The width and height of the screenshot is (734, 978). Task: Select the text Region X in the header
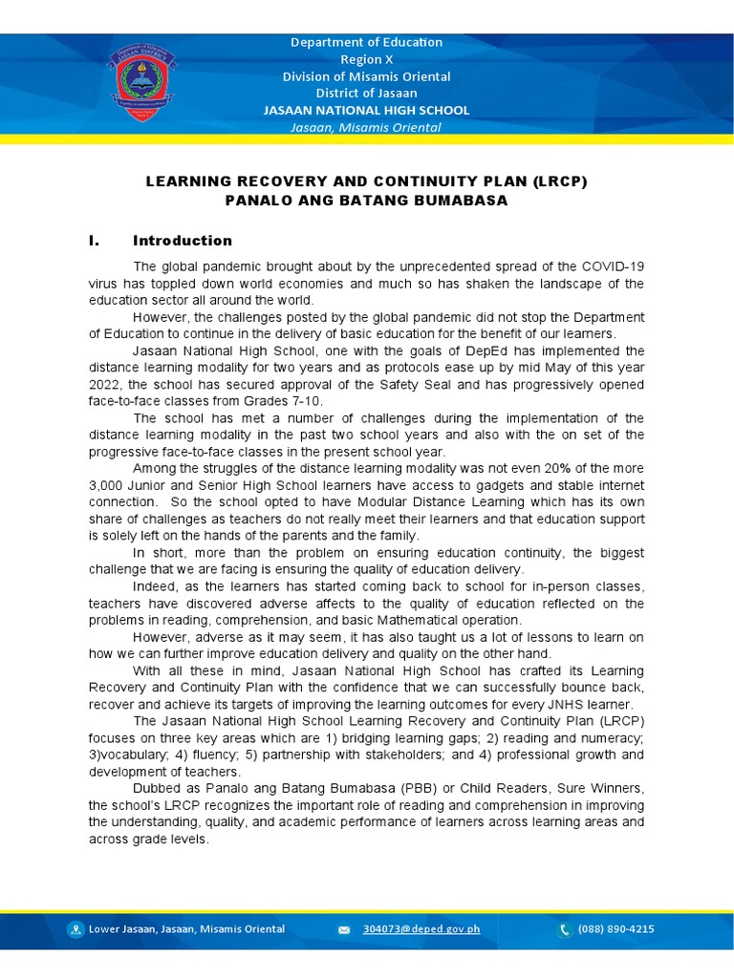(367, 59)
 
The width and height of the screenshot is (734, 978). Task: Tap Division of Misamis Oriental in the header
(367, 76)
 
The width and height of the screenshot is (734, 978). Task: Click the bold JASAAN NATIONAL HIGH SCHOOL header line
(367, 110)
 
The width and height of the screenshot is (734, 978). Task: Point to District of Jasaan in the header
(367, 93)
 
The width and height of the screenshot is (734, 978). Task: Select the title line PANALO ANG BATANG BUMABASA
(366, 201)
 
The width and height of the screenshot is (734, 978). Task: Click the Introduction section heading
(183, 241)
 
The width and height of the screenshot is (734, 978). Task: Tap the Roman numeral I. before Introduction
(94, 241)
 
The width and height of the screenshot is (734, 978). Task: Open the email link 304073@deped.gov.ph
(408, 929)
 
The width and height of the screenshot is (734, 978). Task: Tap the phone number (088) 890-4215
(615, 929)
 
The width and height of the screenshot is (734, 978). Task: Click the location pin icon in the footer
(76, 929)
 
